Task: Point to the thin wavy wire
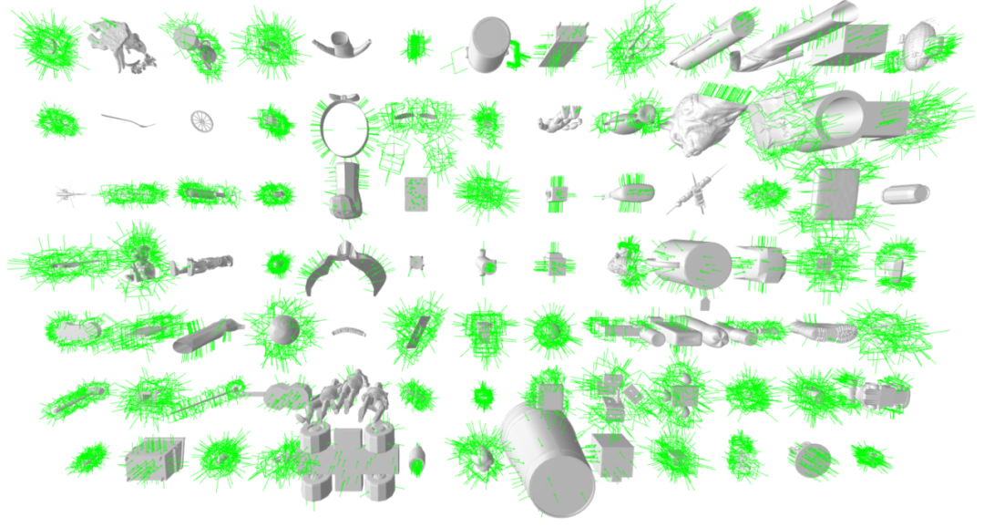(x=127, y=119)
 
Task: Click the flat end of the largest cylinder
(x=558, y=474)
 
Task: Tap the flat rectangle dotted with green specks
(x=417, y=194)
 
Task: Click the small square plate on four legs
(x=416, y=264)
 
